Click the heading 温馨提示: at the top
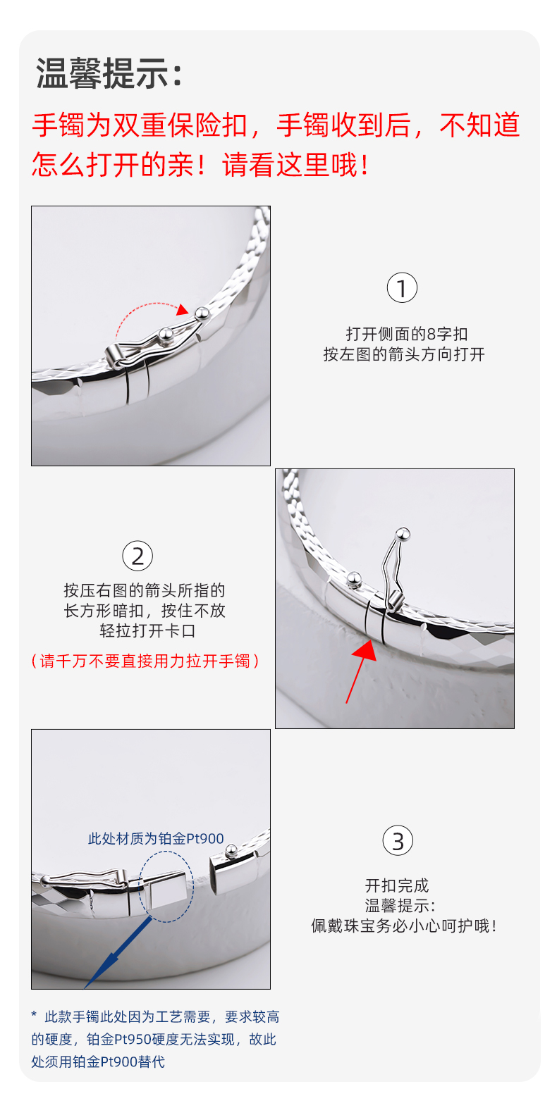[x=109, y=73]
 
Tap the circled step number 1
[x=402, y=287]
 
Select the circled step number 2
[x=137, y=556]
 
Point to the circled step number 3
[x=397, y=840]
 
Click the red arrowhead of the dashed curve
[x=183, y=309]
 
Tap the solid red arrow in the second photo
[x=360, y=671]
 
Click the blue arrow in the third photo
[x=118, y=952]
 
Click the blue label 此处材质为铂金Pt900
[x=156, y=839]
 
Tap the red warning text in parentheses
[x=145, y=661]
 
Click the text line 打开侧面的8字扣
[x=407, y=334]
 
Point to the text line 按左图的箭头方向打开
[x=404, y=354]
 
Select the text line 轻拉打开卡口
[x=147, y=630]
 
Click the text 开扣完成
[x=397, y=885]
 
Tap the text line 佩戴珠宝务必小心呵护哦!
[x=404, y=926]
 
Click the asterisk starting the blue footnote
[x=34, y=1015]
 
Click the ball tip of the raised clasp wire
[x=403, y=533]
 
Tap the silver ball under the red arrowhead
[x=202, y=313]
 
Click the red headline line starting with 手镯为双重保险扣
[x=275, y=125]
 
